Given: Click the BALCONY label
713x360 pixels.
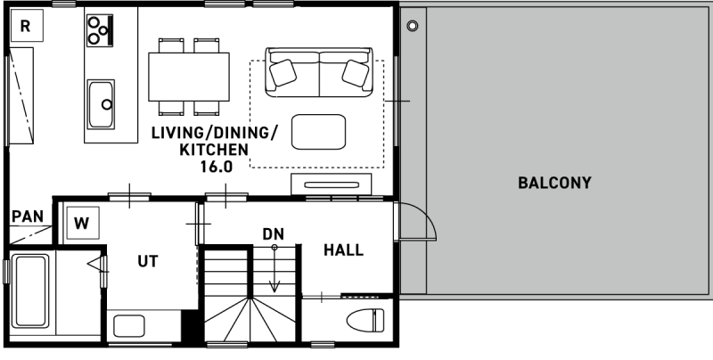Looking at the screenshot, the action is point(554,183).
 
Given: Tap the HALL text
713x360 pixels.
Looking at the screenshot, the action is point(343,250).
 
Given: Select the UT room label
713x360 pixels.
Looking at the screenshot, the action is point(148,261).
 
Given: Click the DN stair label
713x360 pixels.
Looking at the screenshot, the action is point(274,234).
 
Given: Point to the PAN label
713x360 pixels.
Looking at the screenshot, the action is point(28,217).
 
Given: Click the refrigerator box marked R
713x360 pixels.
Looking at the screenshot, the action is point(26,25).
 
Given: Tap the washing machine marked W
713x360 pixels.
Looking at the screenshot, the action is point(82,223).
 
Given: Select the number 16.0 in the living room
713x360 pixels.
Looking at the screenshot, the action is point(217,167).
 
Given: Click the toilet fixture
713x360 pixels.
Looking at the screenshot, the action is point(365,320).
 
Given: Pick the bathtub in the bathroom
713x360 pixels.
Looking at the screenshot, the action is point(30,290).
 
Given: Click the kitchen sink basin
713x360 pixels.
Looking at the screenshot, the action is point(101,104).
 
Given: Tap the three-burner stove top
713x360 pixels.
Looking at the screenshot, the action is point(100,30).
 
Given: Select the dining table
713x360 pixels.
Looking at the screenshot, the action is point(189,77).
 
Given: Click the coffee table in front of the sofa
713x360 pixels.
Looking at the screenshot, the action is point(318,132).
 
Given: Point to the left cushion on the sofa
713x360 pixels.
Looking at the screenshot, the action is point(283,73).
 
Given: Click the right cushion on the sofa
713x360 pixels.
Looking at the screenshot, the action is point(355,73).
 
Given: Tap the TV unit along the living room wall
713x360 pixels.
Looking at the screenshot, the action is point(331,184).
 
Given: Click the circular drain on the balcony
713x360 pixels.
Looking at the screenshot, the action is point(413,26).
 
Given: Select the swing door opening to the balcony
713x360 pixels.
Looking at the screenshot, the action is point(414,221).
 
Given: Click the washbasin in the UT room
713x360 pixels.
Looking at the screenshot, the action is point(129,326).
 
